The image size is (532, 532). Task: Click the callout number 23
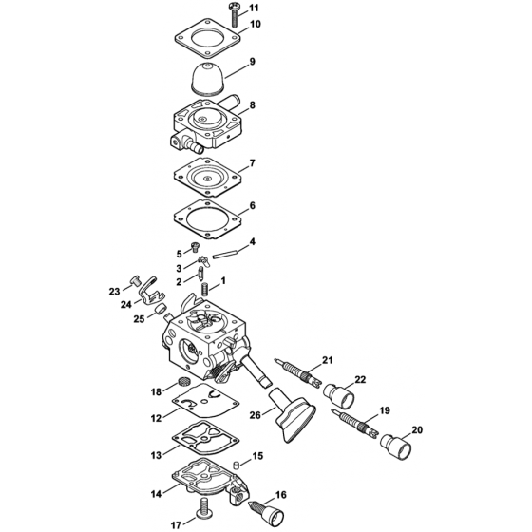(x=113, y=292)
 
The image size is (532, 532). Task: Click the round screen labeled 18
(x=174, y=382)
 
